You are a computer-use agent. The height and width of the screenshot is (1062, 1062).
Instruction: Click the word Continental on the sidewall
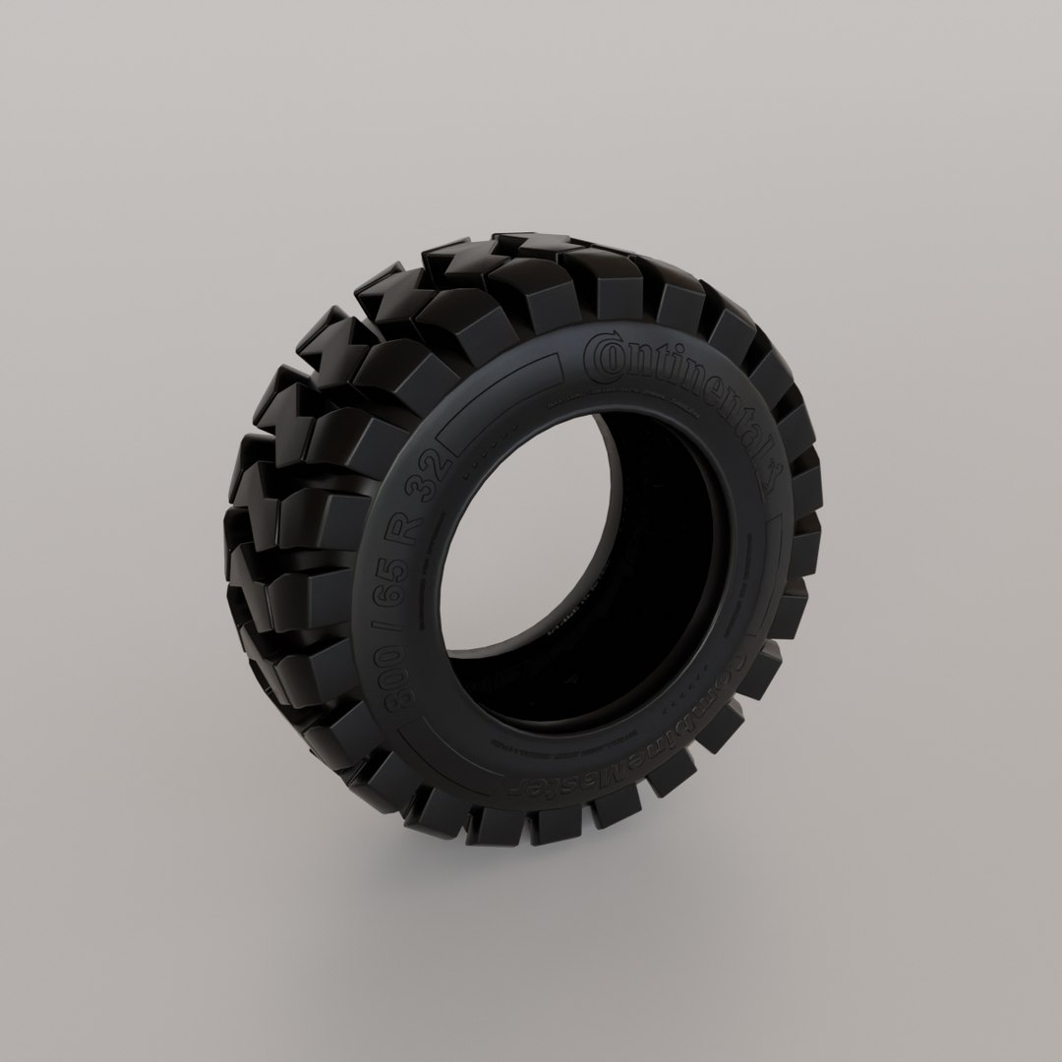(678, 393)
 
